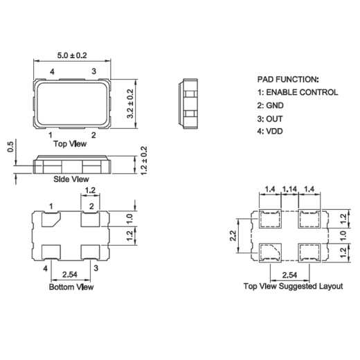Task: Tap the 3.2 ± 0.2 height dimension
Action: [x=129, y=104]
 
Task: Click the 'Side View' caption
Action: [x=71, y=179]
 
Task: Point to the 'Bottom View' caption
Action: [x=71, y=286]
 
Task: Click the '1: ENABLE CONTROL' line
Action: [x=298, y=92]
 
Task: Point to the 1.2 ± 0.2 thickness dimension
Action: [x=144, y=161]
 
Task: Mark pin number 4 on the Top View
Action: [x=53, y=71]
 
